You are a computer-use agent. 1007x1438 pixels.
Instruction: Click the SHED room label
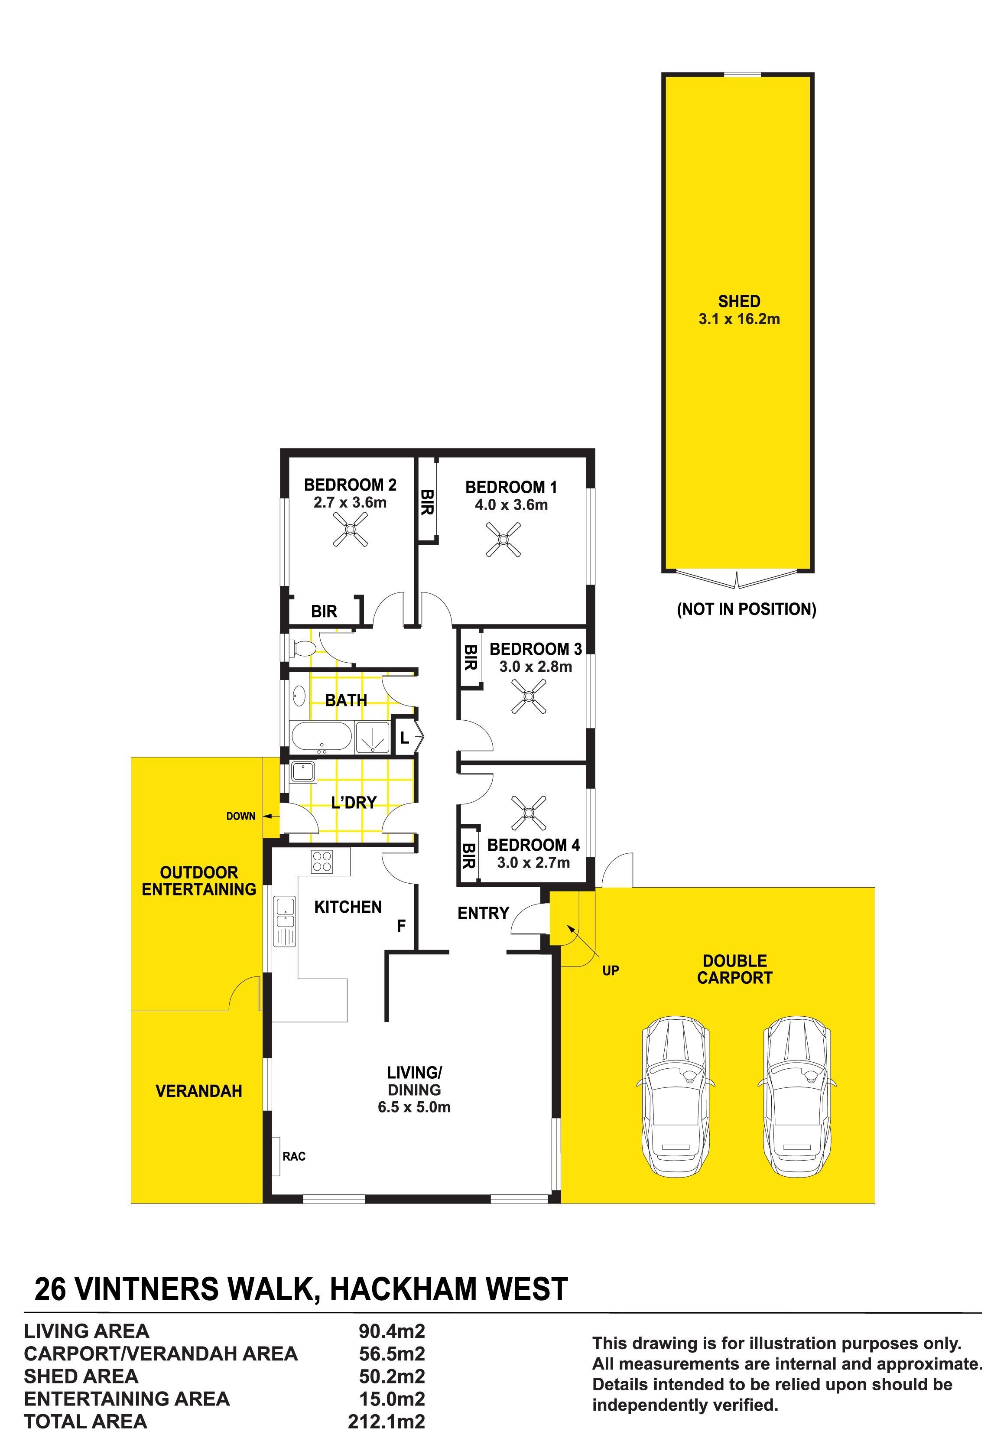[x=739, y=301]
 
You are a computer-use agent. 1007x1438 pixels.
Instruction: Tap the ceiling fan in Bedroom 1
[x=503, y=539]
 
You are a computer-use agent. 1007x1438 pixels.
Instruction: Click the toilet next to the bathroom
[x=302, y=648]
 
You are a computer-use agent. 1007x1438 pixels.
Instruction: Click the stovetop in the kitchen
[x=322, y=861]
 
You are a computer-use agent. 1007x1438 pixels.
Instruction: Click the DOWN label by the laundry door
[x=240, y=816]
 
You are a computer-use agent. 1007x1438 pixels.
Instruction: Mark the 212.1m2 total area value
[x=387, y=1422]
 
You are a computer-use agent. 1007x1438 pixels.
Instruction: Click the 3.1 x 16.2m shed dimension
[x=739, y=319]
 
